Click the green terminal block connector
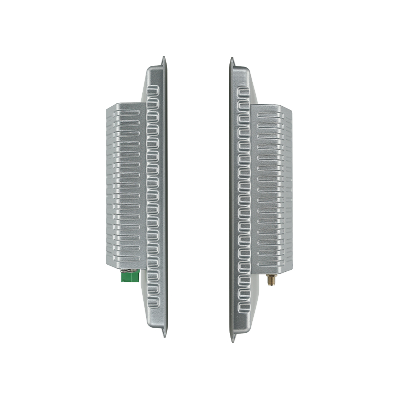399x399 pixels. [x=129, y=275]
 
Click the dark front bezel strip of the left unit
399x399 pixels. [x=165, y=199]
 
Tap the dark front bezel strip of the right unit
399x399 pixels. [x=231, y=199]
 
